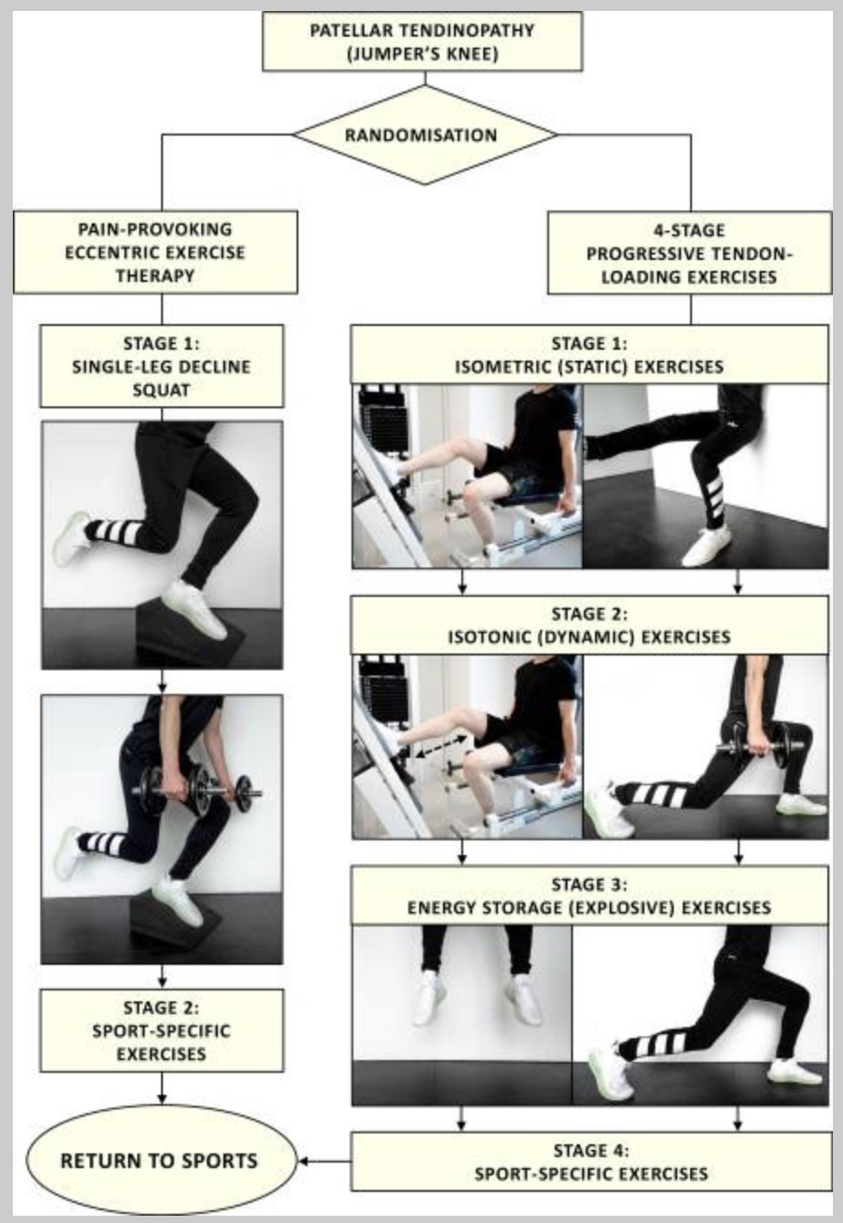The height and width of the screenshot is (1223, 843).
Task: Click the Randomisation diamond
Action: coord(426,135)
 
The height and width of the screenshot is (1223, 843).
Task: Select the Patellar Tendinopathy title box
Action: coord(422,41)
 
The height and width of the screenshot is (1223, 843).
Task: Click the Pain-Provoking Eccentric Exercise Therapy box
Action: coord(155,253)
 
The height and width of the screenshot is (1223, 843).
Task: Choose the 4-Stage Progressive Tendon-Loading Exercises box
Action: coord(689,254)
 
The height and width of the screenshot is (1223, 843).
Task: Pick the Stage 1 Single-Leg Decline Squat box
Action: coord(162,366)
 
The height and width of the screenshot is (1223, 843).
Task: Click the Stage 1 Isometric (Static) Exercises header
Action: coord(589,354)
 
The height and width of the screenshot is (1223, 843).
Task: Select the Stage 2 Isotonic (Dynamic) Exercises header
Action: coord(589,625)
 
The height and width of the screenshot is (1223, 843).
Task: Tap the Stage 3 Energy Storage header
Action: coord(589,895)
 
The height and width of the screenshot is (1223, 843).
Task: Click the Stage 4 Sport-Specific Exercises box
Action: coord(591,1162)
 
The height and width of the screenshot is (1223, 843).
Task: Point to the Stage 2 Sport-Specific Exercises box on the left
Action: coord(162,1031)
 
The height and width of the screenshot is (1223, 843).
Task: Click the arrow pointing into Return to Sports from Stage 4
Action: coord(325,1162)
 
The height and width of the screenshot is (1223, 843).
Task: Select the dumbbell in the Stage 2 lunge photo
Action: coord(759,745)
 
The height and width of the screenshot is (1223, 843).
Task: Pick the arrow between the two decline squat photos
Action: coord(162,682)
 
